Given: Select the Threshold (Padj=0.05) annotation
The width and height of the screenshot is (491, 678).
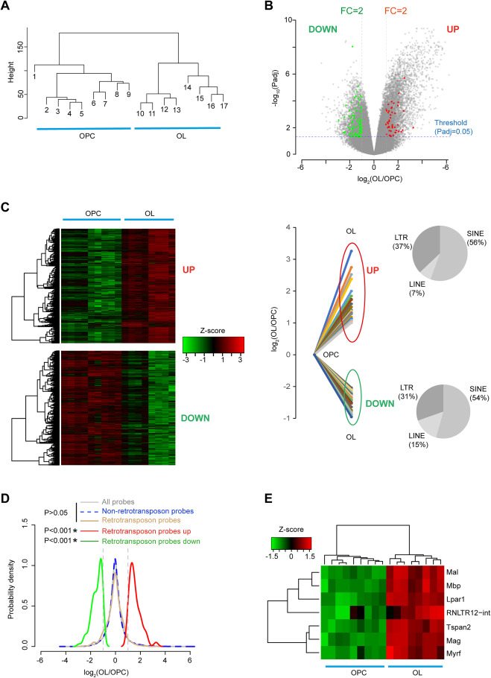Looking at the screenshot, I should pyautogui.click(x=459, y=130).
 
